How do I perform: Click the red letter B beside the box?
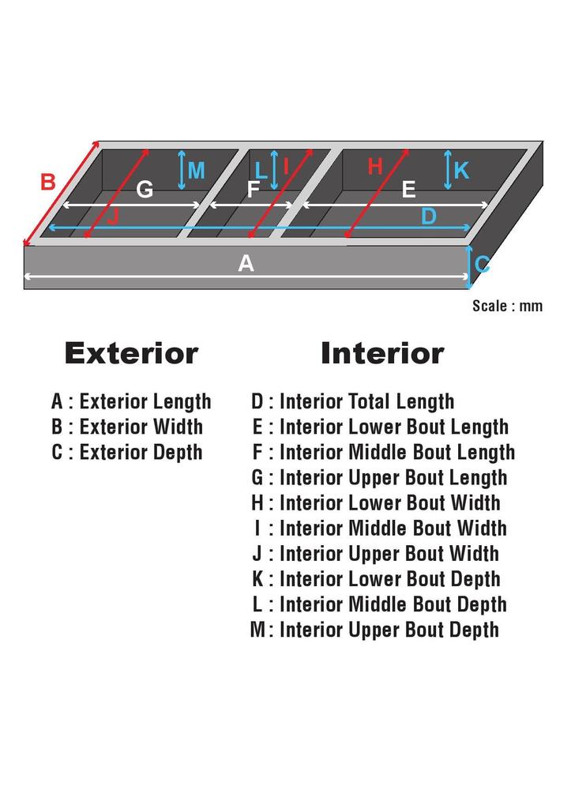(x=48, y=182)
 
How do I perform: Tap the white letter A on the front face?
(x=246, y=264)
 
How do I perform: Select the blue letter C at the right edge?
(x=482, y=264)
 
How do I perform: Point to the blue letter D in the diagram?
(x=428, y=216)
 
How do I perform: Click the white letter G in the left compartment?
(x=145, y=190)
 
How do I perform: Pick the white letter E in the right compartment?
(x=408, y=190)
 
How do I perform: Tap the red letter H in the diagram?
(x=375, y=167)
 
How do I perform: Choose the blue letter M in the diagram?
(x=196, y=171)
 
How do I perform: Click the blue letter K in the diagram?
(x=461, y=171)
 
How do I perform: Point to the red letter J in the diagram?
(x=113, y=216)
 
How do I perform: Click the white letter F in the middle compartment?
(x=253, y=190)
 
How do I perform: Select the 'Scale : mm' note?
(x=507, y=306)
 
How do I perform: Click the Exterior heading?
(x=131, y=353)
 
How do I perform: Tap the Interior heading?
(x=382, y=353)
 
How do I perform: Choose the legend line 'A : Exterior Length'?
(x=131, y=401)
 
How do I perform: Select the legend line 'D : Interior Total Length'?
(x=353, y=401)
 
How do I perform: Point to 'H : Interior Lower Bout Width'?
(x=376, y=502)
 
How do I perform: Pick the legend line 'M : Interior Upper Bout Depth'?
(x=374, y=630)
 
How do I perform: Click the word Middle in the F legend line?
(x=376, y=452)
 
